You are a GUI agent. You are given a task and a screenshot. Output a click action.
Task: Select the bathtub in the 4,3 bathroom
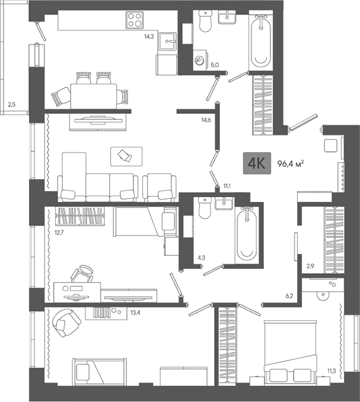[246, 235]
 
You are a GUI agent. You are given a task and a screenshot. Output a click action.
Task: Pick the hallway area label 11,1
[227, 186]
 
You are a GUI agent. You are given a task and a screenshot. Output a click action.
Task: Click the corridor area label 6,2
[289, 295]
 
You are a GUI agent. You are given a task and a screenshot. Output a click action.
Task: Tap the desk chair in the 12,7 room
[83, 275]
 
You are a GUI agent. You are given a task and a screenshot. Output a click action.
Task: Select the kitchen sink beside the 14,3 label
[170, 42]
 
